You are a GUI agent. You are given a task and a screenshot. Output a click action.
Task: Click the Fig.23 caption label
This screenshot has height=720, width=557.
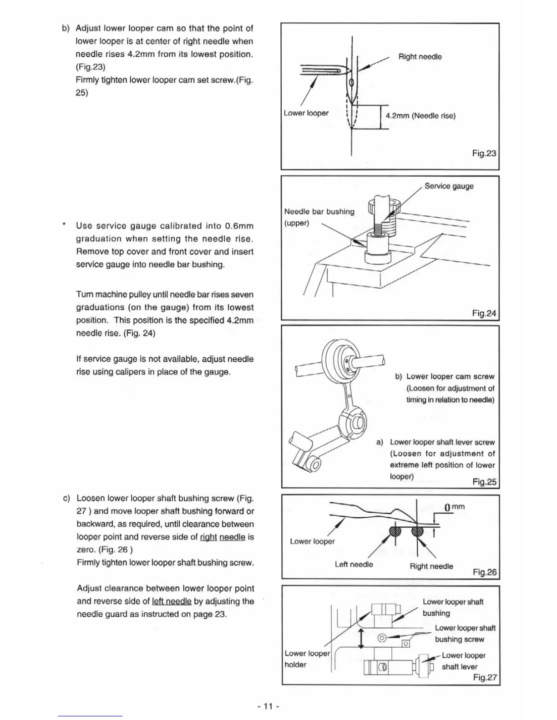[484, 153]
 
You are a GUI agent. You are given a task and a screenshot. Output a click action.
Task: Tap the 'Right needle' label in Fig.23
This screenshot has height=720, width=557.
[420, 57]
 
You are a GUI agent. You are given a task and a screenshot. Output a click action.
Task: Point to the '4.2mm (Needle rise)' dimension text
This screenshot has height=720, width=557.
[420, 115]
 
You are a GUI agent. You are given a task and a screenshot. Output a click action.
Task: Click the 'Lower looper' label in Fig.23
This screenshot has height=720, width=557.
[306, 113]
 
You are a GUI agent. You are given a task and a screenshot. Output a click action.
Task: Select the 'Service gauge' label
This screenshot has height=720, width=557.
[449, 186]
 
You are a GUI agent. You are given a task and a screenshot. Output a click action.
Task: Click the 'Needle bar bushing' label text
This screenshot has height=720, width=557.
[319, 212]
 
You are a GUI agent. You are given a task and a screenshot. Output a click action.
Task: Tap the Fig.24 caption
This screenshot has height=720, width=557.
[484, 313]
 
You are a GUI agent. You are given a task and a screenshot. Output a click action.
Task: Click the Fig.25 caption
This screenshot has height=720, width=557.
[484, 482]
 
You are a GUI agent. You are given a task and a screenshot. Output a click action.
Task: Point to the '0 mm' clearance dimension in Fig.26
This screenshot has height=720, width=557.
[454, 507]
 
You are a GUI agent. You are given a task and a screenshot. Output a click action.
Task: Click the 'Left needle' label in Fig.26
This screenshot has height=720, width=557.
[354, 565]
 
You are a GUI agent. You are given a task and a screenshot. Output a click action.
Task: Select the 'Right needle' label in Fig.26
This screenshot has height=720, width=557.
[431, 566]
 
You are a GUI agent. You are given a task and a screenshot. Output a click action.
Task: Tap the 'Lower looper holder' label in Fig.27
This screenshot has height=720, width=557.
[307, 659]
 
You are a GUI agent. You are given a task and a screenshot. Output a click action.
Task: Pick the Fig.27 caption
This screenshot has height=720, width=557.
[485, 677]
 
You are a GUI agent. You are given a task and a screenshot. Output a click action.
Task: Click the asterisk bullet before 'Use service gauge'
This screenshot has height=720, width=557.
[64, 225]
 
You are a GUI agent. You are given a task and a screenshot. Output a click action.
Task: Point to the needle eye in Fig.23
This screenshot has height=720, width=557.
[351, 84]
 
